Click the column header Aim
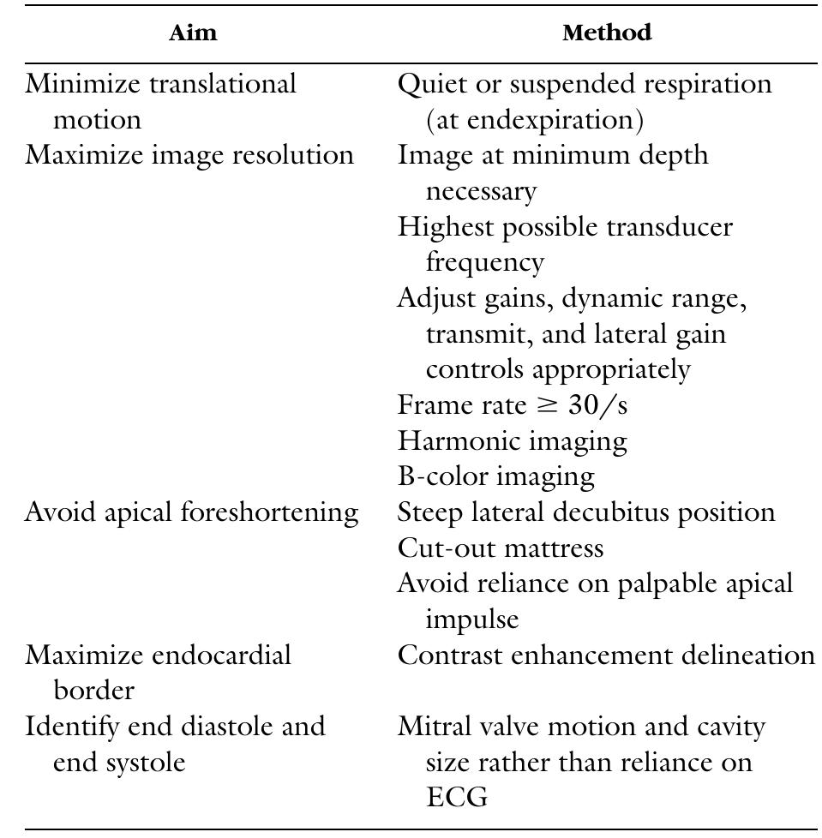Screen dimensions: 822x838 (x=193, y=33)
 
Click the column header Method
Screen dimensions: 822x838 (x=607, y=33)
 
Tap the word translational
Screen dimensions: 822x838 (x=222, y=84)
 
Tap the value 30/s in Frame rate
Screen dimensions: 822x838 (x=592, y=405)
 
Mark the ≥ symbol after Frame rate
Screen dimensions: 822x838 (x=539, y=405)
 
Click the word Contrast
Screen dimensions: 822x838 (x=455, y=655)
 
